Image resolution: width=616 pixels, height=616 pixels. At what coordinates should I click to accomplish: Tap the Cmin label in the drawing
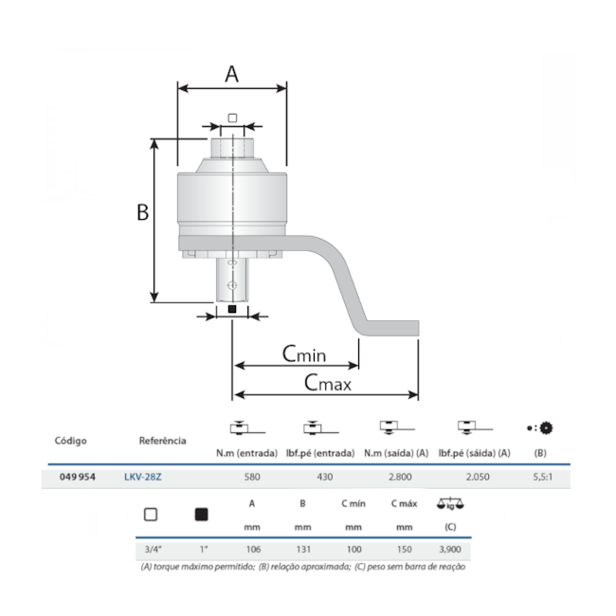tap(303, 354)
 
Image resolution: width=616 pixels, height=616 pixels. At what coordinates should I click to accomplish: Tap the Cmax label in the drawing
tap(327, 383)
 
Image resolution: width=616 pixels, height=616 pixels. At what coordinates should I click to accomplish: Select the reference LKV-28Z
tap(142, 478)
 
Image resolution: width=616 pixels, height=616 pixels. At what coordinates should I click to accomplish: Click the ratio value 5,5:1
tap(540, 478)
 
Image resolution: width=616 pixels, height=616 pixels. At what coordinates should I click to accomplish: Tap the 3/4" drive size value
tap(150, 549)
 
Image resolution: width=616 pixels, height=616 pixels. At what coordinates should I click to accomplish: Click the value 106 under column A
tap(251, 549)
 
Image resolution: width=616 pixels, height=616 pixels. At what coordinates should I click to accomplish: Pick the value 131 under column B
tap(302, 549)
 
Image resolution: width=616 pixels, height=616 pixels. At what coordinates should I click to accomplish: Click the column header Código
tap(70, 441)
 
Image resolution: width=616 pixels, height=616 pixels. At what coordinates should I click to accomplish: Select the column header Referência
tap(162, 441)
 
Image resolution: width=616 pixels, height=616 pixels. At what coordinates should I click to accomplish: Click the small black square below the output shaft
tap(231, 309)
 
